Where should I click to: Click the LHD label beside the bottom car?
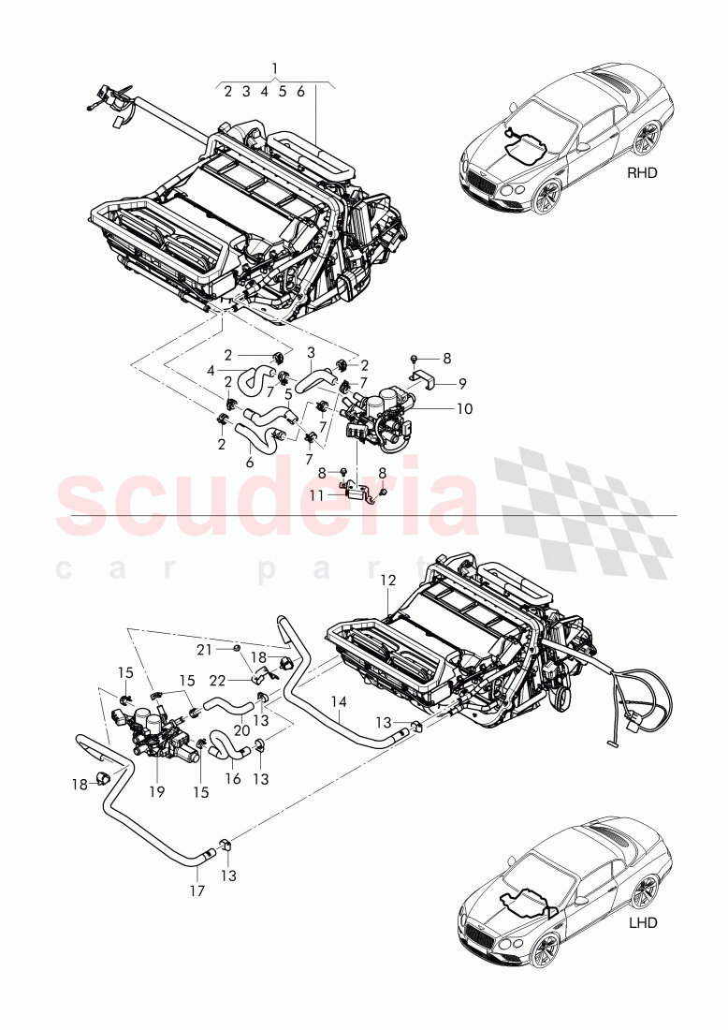pyautogui.click(x=643, y=922)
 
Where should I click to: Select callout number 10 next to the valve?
pyautogui.click(x=464, y=408)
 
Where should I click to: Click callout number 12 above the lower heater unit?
pyautogui.click(x=388, y=581)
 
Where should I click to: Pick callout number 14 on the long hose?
pyautogui.click(x=339, y=700)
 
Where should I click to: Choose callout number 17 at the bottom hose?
pyautogui.click(x=197, y=891)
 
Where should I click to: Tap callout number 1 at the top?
pyautogui.click(x=274, y=67)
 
